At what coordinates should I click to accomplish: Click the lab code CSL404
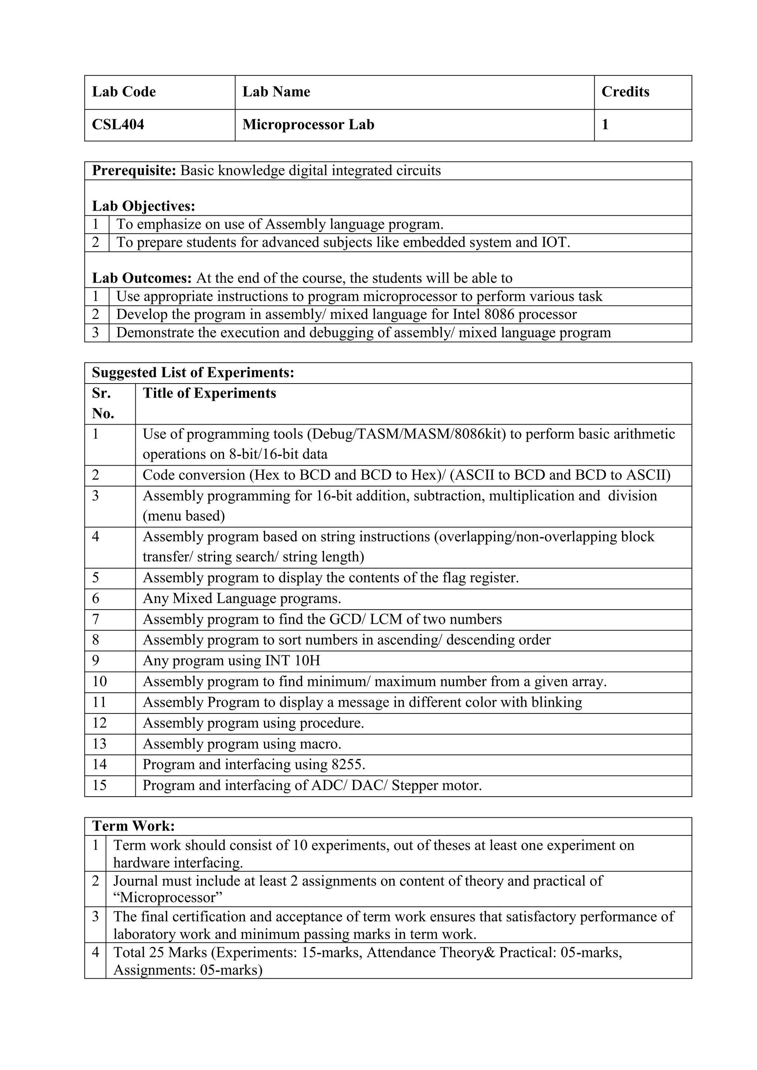[118, 125]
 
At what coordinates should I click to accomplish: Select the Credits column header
[625, 92]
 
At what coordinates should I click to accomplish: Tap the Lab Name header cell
[276, 92]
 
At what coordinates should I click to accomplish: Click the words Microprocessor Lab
[308, 125]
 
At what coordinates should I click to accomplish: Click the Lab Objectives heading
[143, 206]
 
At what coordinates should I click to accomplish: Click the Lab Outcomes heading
[142, 278]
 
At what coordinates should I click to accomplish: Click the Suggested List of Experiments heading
[193, 373]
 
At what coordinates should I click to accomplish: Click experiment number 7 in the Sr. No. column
[96, 619]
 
